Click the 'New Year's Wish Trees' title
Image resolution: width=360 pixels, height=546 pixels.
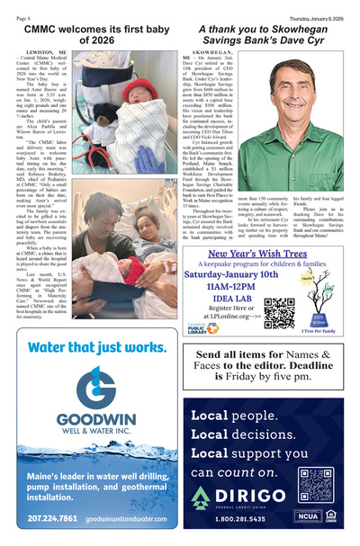coord(264,253)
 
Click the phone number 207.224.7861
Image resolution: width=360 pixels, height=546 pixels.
coord(52,519)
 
